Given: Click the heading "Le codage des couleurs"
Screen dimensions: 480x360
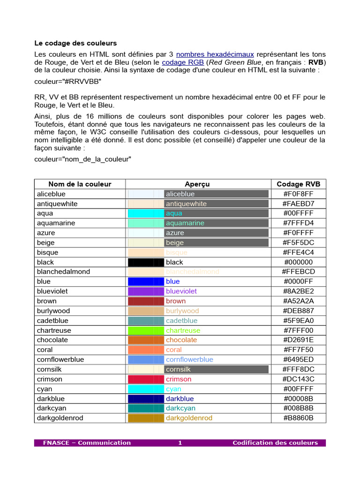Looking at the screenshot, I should [x=75, y=43].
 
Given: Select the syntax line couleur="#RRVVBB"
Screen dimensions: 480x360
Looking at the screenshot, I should [x=68, y=81].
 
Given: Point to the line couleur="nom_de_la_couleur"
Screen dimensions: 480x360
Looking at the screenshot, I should [x=83, y=159].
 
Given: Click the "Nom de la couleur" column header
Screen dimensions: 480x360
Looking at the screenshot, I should [x=80, y=184].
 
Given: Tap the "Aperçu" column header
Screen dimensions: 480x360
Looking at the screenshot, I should [x=197, y=184].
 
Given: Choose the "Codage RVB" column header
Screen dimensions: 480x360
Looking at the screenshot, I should [x=298, y=184].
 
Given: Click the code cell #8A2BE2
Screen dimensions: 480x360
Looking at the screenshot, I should [x=298, y=291].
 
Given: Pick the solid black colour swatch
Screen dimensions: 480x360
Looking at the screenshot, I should [x=145, y=262].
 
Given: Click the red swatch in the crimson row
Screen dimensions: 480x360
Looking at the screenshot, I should [x=145, y=379].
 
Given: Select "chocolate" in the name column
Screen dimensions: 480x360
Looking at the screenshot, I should [x=52, y=340].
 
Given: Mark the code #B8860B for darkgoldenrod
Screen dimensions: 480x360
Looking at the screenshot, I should [x=298, y=418].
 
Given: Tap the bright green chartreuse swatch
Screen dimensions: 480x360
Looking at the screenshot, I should [x=145, y=330].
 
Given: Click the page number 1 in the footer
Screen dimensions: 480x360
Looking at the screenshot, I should [x=180, y=442].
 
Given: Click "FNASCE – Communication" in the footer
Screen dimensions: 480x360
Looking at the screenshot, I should [x=87, y=442].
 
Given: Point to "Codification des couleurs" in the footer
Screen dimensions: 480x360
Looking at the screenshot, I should [x=275, y=442].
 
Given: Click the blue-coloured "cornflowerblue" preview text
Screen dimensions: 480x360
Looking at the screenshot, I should [x=189, y=360].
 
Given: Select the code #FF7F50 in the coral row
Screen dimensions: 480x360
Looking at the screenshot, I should [x=298, y=350].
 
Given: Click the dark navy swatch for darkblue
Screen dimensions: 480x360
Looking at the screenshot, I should [x=145, y=398].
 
